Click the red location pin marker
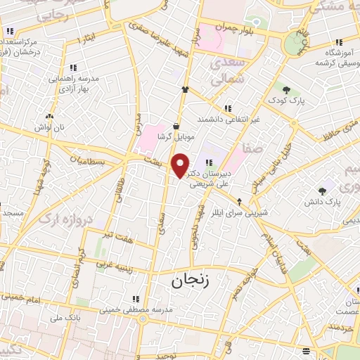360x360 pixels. point(181,166)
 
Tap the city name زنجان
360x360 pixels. point(188,281)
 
